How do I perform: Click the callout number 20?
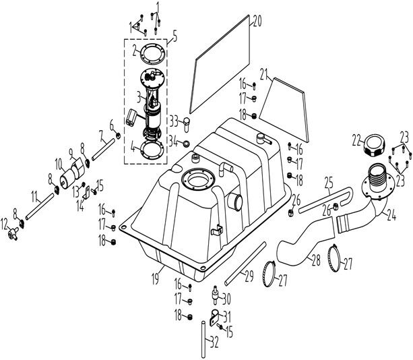[x=257, y=21]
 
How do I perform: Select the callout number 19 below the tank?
[x=155, y=279]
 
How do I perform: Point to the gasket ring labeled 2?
[x=153, y=53]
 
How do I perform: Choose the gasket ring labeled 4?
[x=152, y=149]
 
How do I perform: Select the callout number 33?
[x=174, y=121]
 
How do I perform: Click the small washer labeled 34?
[x=187, y=144]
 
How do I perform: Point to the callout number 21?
[x=265, y=74]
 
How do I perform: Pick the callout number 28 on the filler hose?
[x=316, y=260]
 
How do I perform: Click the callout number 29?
[x=249, y=276]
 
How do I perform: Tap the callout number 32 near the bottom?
[x=214, y=342]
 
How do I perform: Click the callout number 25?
[x=329, y=183]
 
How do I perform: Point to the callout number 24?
[x=391, y=215]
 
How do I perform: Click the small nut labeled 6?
[x=119, y=136]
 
